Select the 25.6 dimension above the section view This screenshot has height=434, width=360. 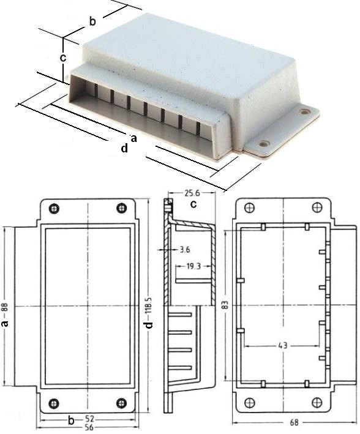coord(192,193)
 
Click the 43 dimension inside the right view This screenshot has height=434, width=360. coord(283,346)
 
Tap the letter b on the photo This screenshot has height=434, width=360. coord(92,21)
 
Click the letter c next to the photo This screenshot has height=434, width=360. coord(62,58)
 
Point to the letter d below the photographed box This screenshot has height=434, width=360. coord(124,148)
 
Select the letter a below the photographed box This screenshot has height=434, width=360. coord(133,136)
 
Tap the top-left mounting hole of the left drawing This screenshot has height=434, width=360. coord(54,208)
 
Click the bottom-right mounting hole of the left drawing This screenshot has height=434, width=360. coord(121,403)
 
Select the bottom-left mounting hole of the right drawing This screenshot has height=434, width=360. coord(249,403)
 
